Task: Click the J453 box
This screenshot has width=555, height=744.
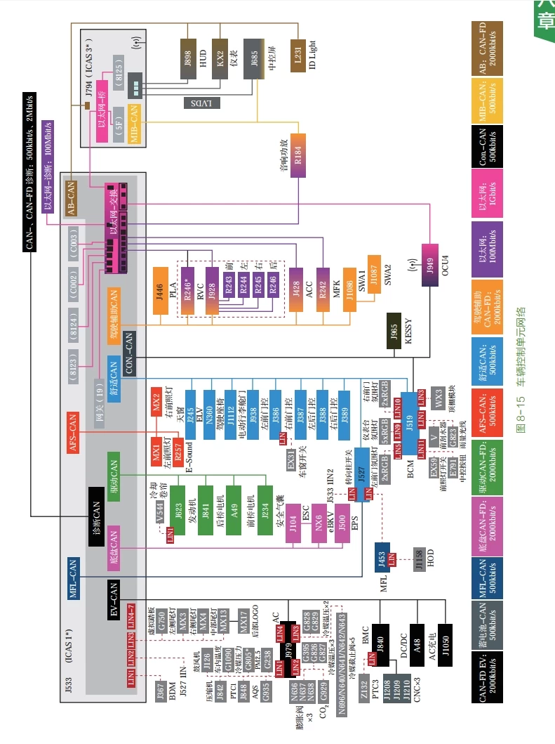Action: point(382,558)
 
